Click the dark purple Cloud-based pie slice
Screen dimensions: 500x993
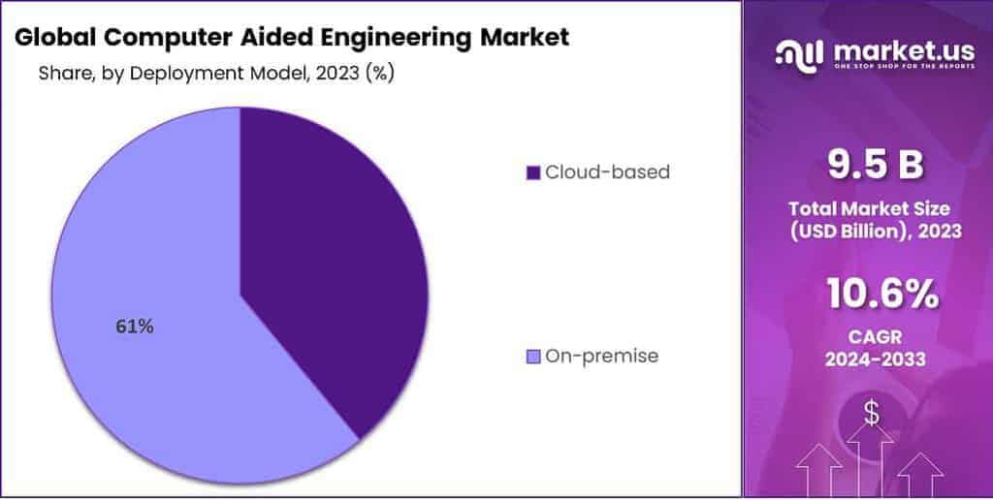tap(330, 252)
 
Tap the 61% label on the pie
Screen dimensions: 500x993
tap(134, 327)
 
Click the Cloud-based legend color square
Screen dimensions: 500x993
tap(532, 172)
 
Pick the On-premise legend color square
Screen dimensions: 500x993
tap(532, 357)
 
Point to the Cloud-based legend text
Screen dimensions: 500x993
tap(607, 172)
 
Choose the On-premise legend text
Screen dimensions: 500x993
tap(602, 357)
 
